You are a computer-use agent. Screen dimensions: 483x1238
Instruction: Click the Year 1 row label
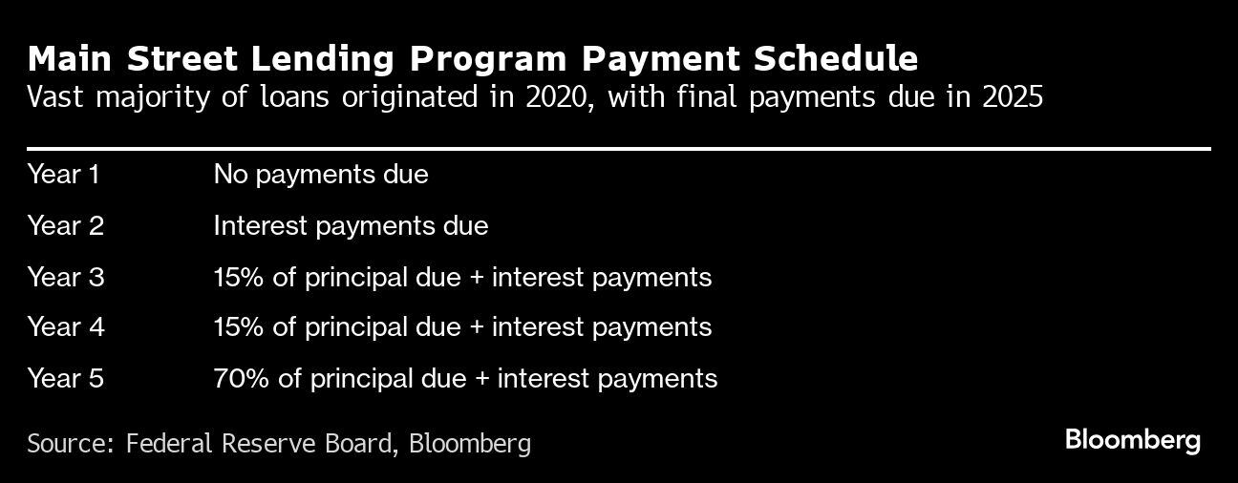point(63,175)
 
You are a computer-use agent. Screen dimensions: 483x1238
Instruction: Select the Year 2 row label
point(65,226)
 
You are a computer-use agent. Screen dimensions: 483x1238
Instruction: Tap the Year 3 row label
point(65,278)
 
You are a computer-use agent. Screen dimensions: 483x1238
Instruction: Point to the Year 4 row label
point(65,327)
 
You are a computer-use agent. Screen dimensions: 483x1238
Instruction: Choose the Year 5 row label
point(65,379)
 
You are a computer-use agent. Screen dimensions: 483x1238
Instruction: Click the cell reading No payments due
point(321,175)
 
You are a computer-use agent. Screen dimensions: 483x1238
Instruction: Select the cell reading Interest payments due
point(351,226)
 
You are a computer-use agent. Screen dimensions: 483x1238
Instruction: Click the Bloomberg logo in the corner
point(1132,440)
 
